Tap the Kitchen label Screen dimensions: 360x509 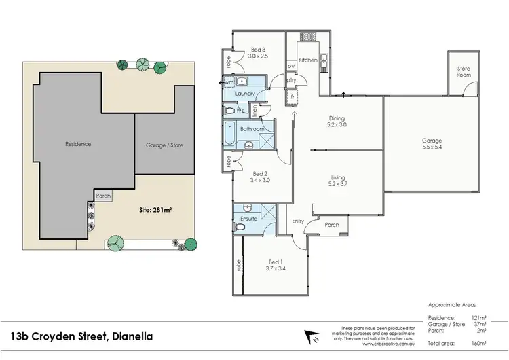308,60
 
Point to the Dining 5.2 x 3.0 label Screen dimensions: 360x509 337,121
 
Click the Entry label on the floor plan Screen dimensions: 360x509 298,221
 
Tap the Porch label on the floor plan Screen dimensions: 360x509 332,225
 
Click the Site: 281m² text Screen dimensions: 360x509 155,210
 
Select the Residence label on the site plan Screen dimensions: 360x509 78,144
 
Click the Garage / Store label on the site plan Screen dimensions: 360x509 164,145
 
